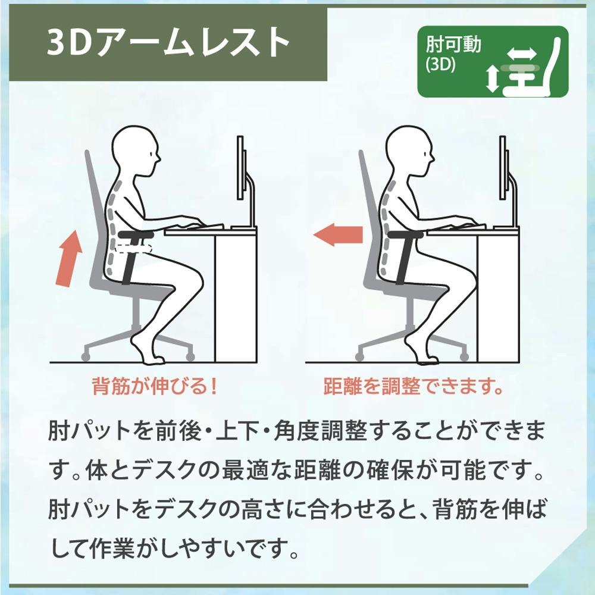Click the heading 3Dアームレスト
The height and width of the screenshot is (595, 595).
[168, 43]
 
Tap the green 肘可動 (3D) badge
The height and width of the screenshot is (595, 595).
[493, 61]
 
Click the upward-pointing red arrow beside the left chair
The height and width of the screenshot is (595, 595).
[68, 258]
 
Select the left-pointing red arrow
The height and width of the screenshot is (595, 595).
[338, 234]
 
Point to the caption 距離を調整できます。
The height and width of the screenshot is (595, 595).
[414, 386]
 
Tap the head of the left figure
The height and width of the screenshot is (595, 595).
[137, 151]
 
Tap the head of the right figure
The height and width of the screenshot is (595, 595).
[409, 151]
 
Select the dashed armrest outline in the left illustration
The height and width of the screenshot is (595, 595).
[134, 249]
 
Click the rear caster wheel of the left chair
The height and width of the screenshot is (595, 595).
[86, 356]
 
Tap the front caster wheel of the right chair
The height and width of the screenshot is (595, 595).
[464, 356]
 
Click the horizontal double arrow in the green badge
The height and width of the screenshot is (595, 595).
[522, 54]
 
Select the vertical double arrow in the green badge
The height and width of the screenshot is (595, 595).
[493, 78]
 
